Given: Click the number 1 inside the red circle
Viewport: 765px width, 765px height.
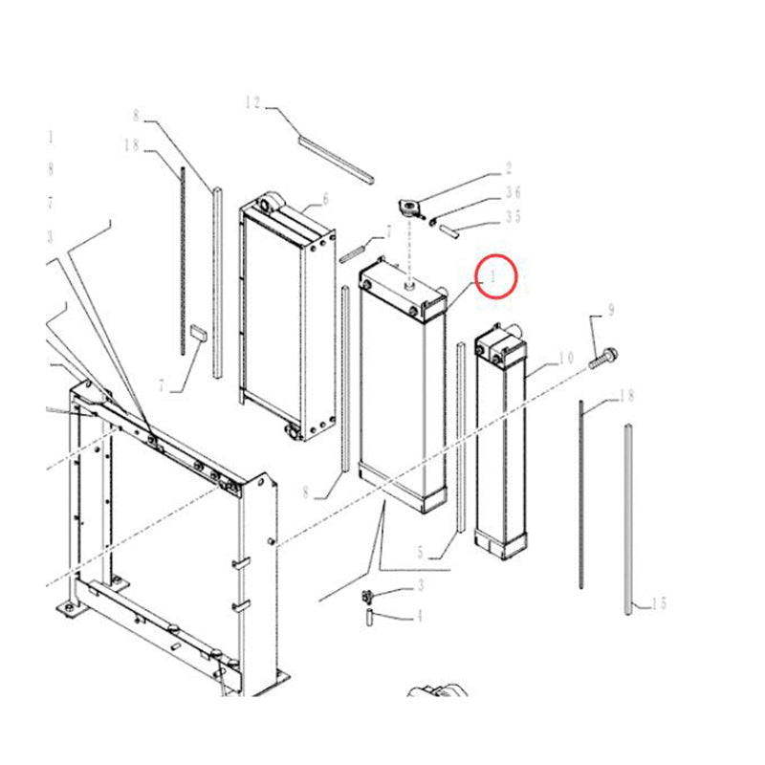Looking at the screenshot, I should tap(494, 277).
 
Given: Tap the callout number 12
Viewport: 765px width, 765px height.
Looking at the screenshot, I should tap(252, 101).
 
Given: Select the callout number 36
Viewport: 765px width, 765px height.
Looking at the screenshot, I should tap(514, 193).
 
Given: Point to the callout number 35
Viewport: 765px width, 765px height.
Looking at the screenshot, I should tap(514, 217).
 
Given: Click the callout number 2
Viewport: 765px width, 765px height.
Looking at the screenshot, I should tap(510, 169).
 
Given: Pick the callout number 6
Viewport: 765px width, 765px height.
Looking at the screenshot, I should tap(325, 199).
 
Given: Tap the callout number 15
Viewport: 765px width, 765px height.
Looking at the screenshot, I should tap(658, 603).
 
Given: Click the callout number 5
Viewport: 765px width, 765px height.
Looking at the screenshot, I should tap(419, 552).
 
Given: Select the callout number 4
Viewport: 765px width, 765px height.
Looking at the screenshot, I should tap(418, 617).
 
